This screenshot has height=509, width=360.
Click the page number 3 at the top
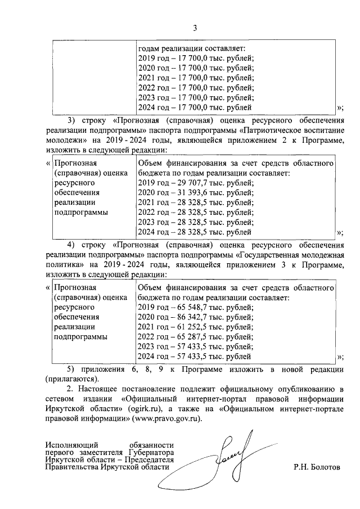pos(195,28)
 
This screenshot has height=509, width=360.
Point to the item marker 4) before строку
pos(71,245)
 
